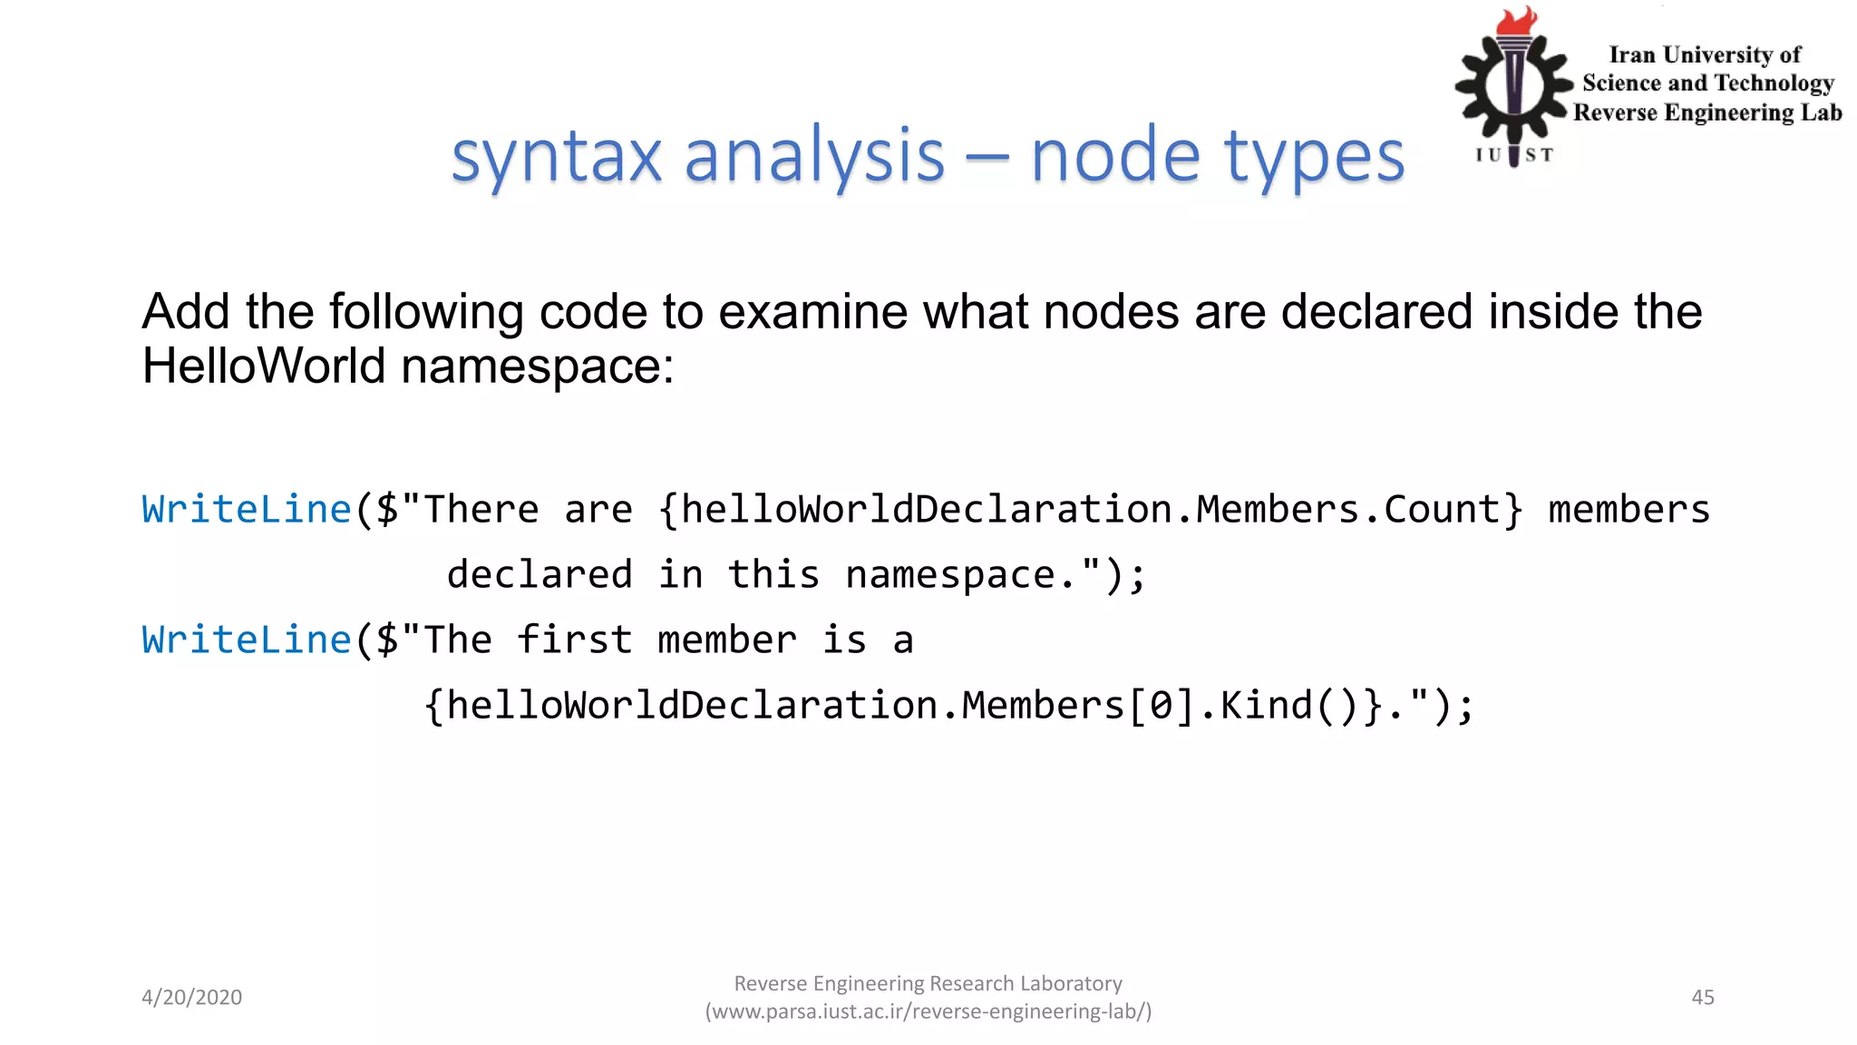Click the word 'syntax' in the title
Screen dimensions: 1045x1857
click(x=557, y=156)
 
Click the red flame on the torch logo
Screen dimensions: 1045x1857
click(x=1516, y=20)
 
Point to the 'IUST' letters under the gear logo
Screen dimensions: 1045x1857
click(x=1513, y=155)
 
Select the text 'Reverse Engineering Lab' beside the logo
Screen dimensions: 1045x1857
click(x=1707, y=112)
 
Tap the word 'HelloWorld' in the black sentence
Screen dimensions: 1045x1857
click(x=264, y=366)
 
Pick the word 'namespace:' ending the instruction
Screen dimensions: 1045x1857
click(x=537, y=366)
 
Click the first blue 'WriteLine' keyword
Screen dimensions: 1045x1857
click(x=247, y=510)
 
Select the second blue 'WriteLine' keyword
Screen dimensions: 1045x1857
click(x=247, y=640)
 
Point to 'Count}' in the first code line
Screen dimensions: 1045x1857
click(x=1453, y=510)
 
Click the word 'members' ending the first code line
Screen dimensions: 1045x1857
click(x=1629, y=510)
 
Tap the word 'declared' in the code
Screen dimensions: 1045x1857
click(x=540, y=575)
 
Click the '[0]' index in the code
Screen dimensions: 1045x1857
click(x=1161, y=706)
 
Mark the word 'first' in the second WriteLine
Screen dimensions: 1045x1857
click(x=574, y=640)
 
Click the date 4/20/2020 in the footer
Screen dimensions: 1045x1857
click(x=192, y=997)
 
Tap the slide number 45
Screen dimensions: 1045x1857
click(x=1703, y=997)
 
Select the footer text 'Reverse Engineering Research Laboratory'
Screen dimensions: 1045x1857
click(x=928, y=983)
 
